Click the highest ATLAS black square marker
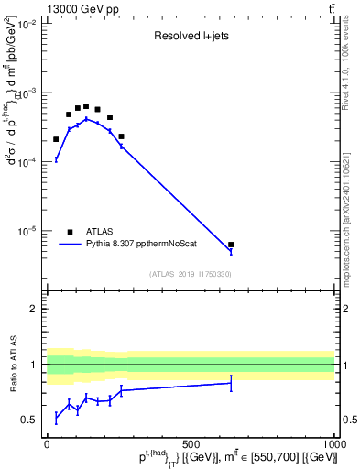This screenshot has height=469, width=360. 86,106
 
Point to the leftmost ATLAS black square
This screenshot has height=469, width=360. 56,139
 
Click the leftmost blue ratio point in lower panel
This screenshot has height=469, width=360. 56,417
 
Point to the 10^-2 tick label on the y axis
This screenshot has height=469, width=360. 28,25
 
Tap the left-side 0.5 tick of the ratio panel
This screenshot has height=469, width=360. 33,420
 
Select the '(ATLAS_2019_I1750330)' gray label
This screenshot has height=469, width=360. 191,274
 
